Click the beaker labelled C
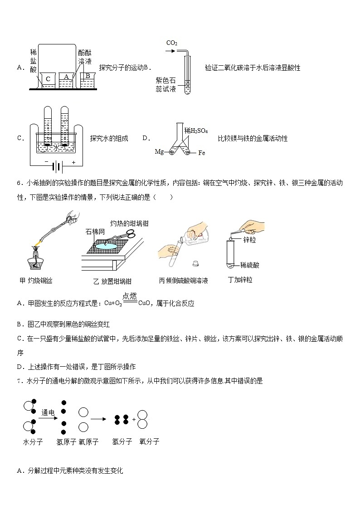click(49, 80)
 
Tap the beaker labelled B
click(87, 80)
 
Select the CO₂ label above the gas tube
click(172, 43)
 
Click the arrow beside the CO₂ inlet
click(170, 51)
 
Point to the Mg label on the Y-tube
click(159, 151)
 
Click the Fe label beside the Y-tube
click(202, 153)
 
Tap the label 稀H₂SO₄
click(196, 131)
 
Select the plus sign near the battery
click(74, 162)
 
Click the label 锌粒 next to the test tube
click(250, 240)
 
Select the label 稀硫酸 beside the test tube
click(250, 265)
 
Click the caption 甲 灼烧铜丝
click(36, 281)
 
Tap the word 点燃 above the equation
click(130, 296)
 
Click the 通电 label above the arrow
click(48, 412)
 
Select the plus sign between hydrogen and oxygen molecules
click(134, 419)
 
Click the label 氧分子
click(149, 441)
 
